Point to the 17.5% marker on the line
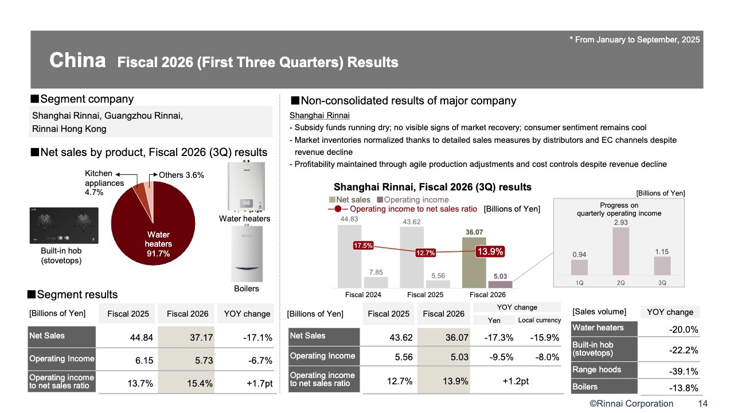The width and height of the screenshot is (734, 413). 364,246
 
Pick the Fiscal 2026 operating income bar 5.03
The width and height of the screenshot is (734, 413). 500,284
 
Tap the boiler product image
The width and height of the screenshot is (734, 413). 247,253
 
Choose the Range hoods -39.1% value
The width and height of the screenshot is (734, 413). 684,372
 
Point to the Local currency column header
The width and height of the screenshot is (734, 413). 538,320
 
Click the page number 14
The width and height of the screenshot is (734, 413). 702,404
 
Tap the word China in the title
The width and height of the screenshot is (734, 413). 77,60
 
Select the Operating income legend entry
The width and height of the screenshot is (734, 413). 412,200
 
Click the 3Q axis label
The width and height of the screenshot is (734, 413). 662,282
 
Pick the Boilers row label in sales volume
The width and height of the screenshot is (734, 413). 585,387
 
